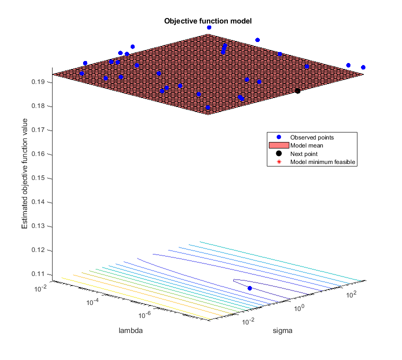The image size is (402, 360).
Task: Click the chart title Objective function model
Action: tap(208, 21)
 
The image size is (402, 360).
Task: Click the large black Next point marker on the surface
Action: tap(297, 90)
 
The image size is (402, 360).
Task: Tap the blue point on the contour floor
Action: tap(249, 288)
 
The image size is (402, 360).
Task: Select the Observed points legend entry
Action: tap(312, 137)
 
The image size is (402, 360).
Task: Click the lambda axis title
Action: tap(129, 330)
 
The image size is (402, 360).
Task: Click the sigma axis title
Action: tap(281, 330)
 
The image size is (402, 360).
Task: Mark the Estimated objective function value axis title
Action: tap(25, 178)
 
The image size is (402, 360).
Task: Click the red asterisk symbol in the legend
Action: tap(279, 162)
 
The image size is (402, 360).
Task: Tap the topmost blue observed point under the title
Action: tap(209, 27)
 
